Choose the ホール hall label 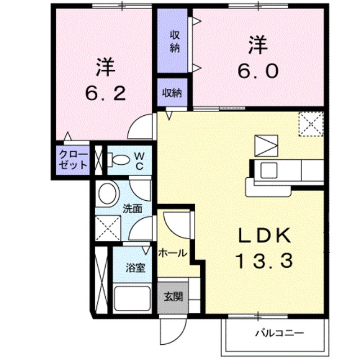pyautogui.click(x=172, y=253)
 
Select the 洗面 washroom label pyautogui.click(x=133, y=208)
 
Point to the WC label pyautogui.click(x=140, y=160)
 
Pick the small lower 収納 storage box pyautogui.click(x=173, y=92)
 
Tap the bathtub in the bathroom pyautogui.click(x=132, y=296)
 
